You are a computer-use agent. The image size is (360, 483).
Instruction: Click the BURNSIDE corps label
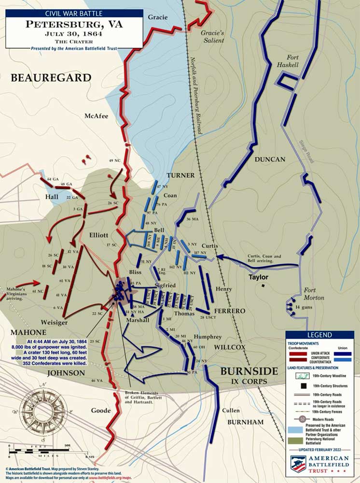[249, 371]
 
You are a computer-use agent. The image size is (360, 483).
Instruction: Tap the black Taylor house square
[263, 285]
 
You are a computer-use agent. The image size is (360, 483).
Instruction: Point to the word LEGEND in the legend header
[319, 335]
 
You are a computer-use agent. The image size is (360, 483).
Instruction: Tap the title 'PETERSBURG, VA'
[74, 24]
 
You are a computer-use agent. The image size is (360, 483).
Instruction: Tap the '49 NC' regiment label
[114, 160]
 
